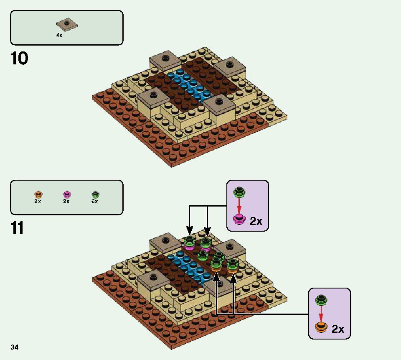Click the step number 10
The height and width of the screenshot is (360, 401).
click(20, 59)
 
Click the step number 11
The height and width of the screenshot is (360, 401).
click(18, 228)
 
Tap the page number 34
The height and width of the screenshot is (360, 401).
click(15, 347)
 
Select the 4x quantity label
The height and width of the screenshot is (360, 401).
click(59, 36)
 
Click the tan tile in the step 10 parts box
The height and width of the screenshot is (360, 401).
click(67, 25)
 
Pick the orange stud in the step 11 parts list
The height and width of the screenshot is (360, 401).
click(38, 194)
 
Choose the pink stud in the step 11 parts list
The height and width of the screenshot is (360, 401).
click(67, 194)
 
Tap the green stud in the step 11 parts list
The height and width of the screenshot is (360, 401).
click(95, 194)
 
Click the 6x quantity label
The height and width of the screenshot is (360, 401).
click(95, 202)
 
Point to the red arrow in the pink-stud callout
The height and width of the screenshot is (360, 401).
click(239, 207)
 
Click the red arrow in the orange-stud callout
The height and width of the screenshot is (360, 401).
click(321, 314)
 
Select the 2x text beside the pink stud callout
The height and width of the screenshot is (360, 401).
click(256, 221)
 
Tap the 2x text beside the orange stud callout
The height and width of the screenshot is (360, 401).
click(338, 329)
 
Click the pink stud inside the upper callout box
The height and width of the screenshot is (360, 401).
click(239, 220)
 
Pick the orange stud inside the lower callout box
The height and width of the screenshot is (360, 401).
click(321, 327)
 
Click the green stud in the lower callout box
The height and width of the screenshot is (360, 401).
click(322, 300)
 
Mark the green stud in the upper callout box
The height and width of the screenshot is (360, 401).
click(239, 192)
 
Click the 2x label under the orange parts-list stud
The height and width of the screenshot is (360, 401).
click(38, 202)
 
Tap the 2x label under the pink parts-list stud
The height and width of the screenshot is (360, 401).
click(66, 202)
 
